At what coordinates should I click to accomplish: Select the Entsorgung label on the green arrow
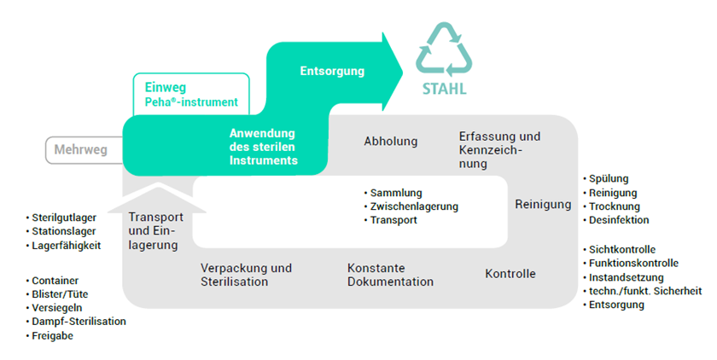tap(332, 71)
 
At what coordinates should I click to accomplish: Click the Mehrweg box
tap(80, 150)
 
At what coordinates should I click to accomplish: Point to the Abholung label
tap(390, 142)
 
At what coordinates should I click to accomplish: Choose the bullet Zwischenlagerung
tap(414, 206)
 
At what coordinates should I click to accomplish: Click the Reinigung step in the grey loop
tap(543, 204)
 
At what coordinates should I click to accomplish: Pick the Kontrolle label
tap(510, 274)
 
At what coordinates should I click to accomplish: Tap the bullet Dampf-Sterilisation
tap(79, 321)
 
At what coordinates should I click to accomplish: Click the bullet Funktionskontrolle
tap(633, 263)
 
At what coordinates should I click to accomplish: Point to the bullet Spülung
tap(609, 178)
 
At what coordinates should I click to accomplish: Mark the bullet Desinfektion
tap(619, 220)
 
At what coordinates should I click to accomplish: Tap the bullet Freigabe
tap(54, 335)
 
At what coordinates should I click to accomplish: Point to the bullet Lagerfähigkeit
tap(67, 245)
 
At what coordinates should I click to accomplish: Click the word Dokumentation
tap(390, 282)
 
